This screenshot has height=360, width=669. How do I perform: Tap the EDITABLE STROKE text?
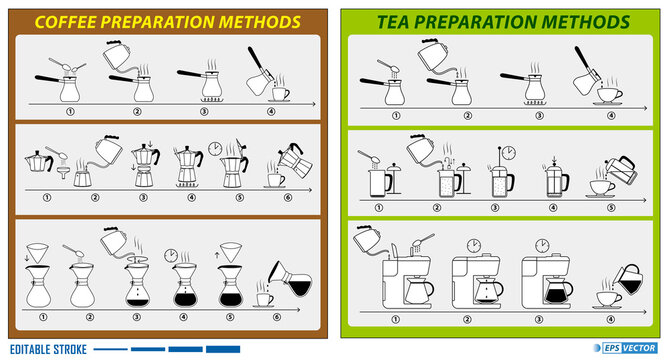point(47,349)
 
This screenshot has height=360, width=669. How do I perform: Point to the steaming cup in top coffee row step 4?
point(279,93)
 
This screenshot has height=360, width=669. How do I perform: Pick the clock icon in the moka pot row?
point(216,148)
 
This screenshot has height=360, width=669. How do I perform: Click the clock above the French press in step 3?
point(508,152)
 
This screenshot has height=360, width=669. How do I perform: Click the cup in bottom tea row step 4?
point(609,298)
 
